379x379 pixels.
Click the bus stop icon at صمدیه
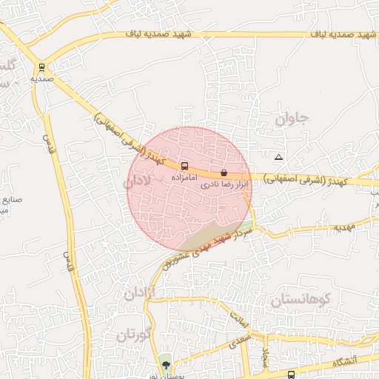(41, 66)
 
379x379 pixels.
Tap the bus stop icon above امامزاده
(184, 166)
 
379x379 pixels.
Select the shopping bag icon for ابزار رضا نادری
(224, 172)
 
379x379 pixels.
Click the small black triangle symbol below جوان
(278, 157)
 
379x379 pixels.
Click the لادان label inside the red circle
(137, 181)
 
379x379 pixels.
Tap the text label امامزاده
(183, 178)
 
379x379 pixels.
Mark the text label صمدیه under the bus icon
(41, 77)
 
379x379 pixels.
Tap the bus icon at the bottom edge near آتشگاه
(292, 375)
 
